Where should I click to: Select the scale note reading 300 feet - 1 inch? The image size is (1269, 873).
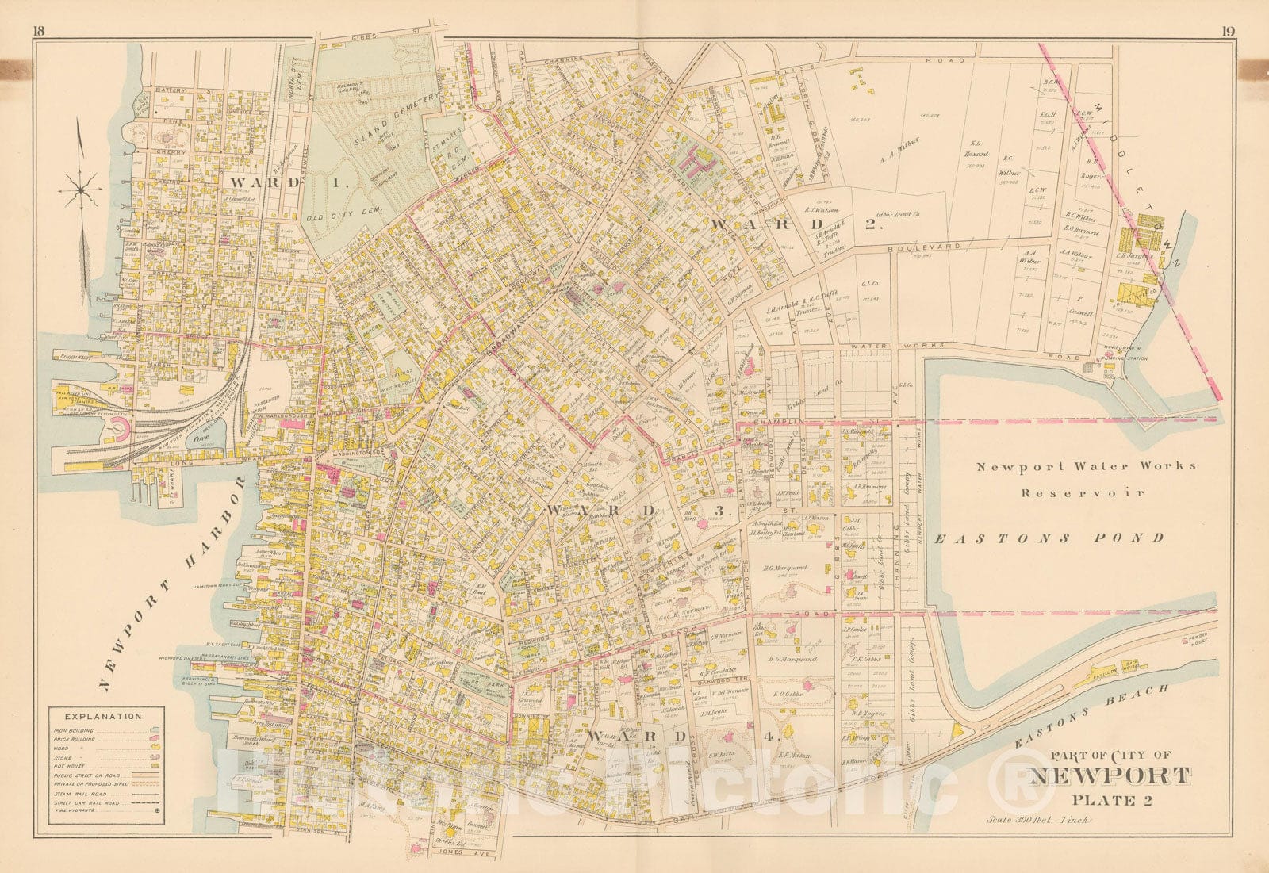coord(1037,819)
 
